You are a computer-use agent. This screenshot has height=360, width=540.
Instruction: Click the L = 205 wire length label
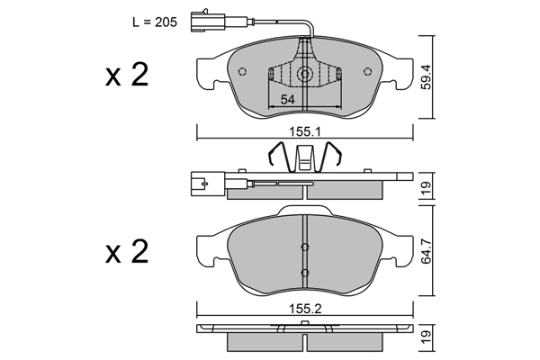pos(155,22)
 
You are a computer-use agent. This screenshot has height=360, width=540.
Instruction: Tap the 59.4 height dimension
pos(427,77)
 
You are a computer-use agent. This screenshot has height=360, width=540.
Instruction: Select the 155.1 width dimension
pos(305,131)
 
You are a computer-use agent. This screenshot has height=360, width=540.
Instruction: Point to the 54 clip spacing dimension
pos(288,100)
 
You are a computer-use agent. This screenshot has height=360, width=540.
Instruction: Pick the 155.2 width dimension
pos(305,309)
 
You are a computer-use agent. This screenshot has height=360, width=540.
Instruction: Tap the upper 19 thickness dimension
pos(427,186)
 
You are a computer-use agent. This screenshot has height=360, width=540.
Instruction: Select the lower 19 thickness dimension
pos(427,338)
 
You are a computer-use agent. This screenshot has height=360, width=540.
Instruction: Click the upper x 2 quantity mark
pos(127,75)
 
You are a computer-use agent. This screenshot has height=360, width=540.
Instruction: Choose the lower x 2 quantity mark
pos(127,252)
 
